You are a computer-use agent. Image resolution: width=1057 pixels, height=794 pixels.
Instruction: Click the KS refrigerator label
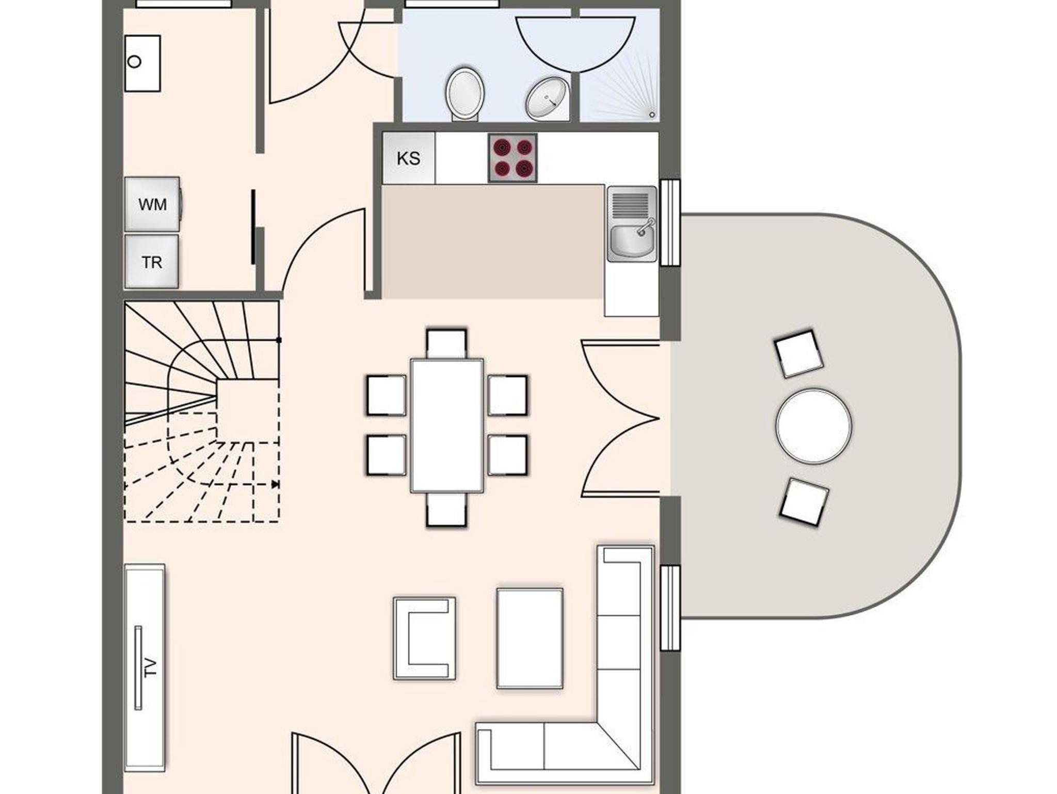click(408, 158)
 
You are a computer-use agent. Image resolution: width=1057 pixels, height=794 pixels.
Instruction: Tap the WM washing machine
click(153, 204)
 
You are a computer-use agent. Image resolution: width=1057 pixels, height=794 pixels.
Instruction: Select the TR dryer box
click(152, 262)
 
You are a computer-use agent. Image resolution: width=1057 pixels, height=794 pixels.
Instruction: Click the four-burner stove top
click(513, 158)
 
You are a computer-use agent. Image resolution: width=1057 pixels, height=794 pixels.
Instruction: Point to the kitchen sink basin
click(632, 241)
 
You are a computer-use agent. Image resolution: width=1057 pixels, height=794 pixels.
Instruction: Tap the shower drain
click(652, 115)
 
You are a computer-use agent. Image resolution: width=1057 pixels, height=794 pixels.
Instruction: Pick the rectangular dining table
click(447, 426)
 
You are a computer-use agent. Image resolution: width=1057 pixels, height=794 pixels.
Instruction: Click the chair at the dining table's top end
click(447, 343)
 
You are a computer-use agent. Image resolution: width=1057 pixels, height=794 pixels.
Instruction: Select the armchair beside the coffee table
click(424, 638)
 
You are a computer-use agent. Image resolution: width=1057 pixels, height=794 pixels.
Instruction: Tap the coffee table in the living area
click(530, 638)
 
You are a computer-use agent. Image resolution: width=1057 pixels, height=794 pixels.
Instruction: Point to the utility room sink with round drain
click(142, 63)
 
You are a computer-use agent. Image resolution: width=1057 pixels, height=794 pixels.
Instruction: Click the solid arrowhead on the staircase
click(275, 484)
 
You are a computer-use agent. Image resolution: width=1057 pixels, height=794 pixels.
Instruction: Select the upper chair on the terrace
click(798, 354)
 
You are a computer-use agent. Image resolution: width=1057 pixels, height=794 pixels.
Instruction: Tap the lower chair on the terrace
click(804, 502)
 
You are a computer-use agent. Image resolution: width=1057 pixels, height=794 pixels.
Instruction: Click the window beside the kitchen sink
click(670, 223)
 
